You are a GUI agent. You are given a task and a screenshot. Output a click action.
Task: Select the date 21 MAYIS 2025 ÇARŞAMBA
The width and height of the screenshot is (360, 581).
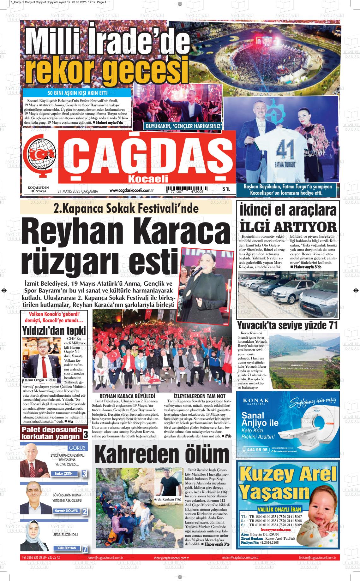[78, 191]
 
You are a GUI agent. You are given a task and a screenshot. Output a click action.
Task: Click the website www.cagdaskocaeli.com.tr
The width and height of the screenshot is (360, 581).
[131, 190]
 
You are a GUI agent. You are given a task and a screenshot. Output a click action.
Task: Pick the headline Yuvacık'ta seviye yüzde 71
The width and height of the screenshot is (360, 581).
[287, 325]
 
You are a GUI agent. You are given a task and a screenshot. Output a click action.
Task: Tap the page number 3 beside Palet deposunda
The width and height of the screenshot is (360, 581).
[86, 435]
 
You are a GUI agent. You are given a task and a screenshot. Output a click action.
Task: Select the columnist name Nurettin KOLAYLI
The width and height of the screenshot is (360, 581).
[66, 511]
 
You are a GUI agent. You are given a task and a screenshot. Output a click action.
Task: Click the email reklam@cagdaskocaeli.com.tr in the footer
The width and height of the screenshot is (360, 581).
[240, 558]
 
